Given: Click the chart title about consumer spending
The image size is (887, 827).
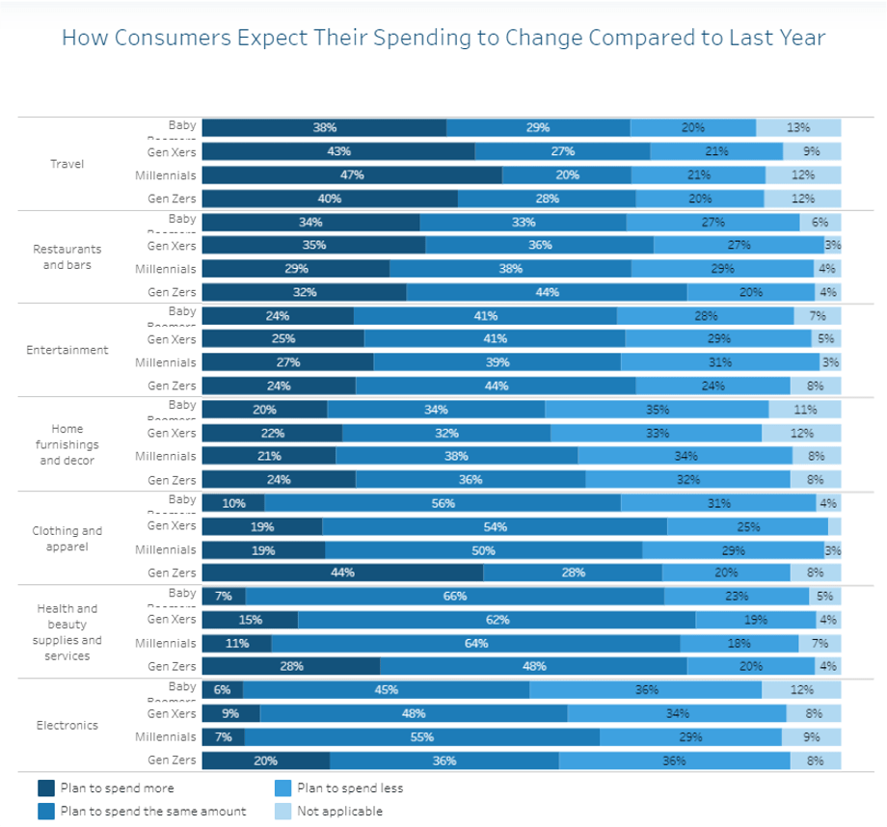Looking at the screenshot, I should click(x=443, y=38).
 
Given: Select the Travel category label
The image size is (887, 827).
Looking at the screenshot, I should click(x=67, y=164).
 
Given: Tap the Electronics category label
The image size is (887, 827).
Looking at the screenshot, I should click(x=67, y=725).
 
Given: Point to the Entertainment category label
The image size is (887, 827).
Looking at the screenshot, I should click(x=67, y=350).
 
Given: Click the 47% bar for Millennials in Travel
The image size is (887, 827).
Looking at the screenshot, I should click(x=352, y=175).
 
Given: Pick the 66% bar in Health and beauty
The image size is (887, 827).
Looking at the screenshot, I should click(x=455, y=597).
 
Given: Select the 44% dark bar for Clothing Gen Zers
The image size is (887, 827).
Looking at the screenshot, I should click(x=342, y=573).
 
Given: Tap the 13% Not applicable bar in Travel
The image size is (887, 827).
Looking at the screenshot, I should click(x=798, y=128).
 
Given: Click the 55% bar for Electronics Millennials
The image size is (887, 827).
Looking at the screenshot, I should click(x=422, y=737).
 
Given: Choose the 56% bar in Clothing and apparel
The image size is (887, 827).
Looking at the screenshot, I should click(x=443, y=503).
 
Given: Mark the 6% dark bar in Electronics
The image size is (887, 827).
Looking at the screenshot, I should click(x=223, y=690).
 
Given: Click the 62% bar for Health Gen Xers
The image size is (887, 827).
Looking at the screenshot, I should click(x=497, y=620).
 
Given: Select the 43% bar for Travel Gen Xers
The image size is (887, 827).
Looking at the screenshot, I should click(x=338, y=151).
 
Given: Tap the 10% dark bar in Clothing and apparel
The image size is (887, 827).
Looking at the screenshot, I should click(x=233, y=503).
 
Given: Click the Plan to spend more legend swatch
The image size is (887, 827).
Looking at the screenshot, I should click(x=45, y=788).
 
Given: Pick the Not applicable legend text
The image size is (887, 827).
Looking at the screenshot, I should click(x=339, y=812).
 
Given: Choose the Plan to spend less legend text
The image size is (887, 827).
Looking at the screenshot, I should click(x=350, y=788).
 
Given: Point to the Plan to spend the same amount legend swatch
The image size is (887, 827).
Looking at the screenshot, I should click(x=45, y=812).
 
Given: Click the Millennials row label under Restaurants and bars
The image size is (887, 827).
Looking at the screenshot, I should click(x=166, y=269).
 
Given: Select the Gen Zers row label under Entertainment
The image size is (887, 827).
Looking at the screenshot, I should click(x=172, y=386).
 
